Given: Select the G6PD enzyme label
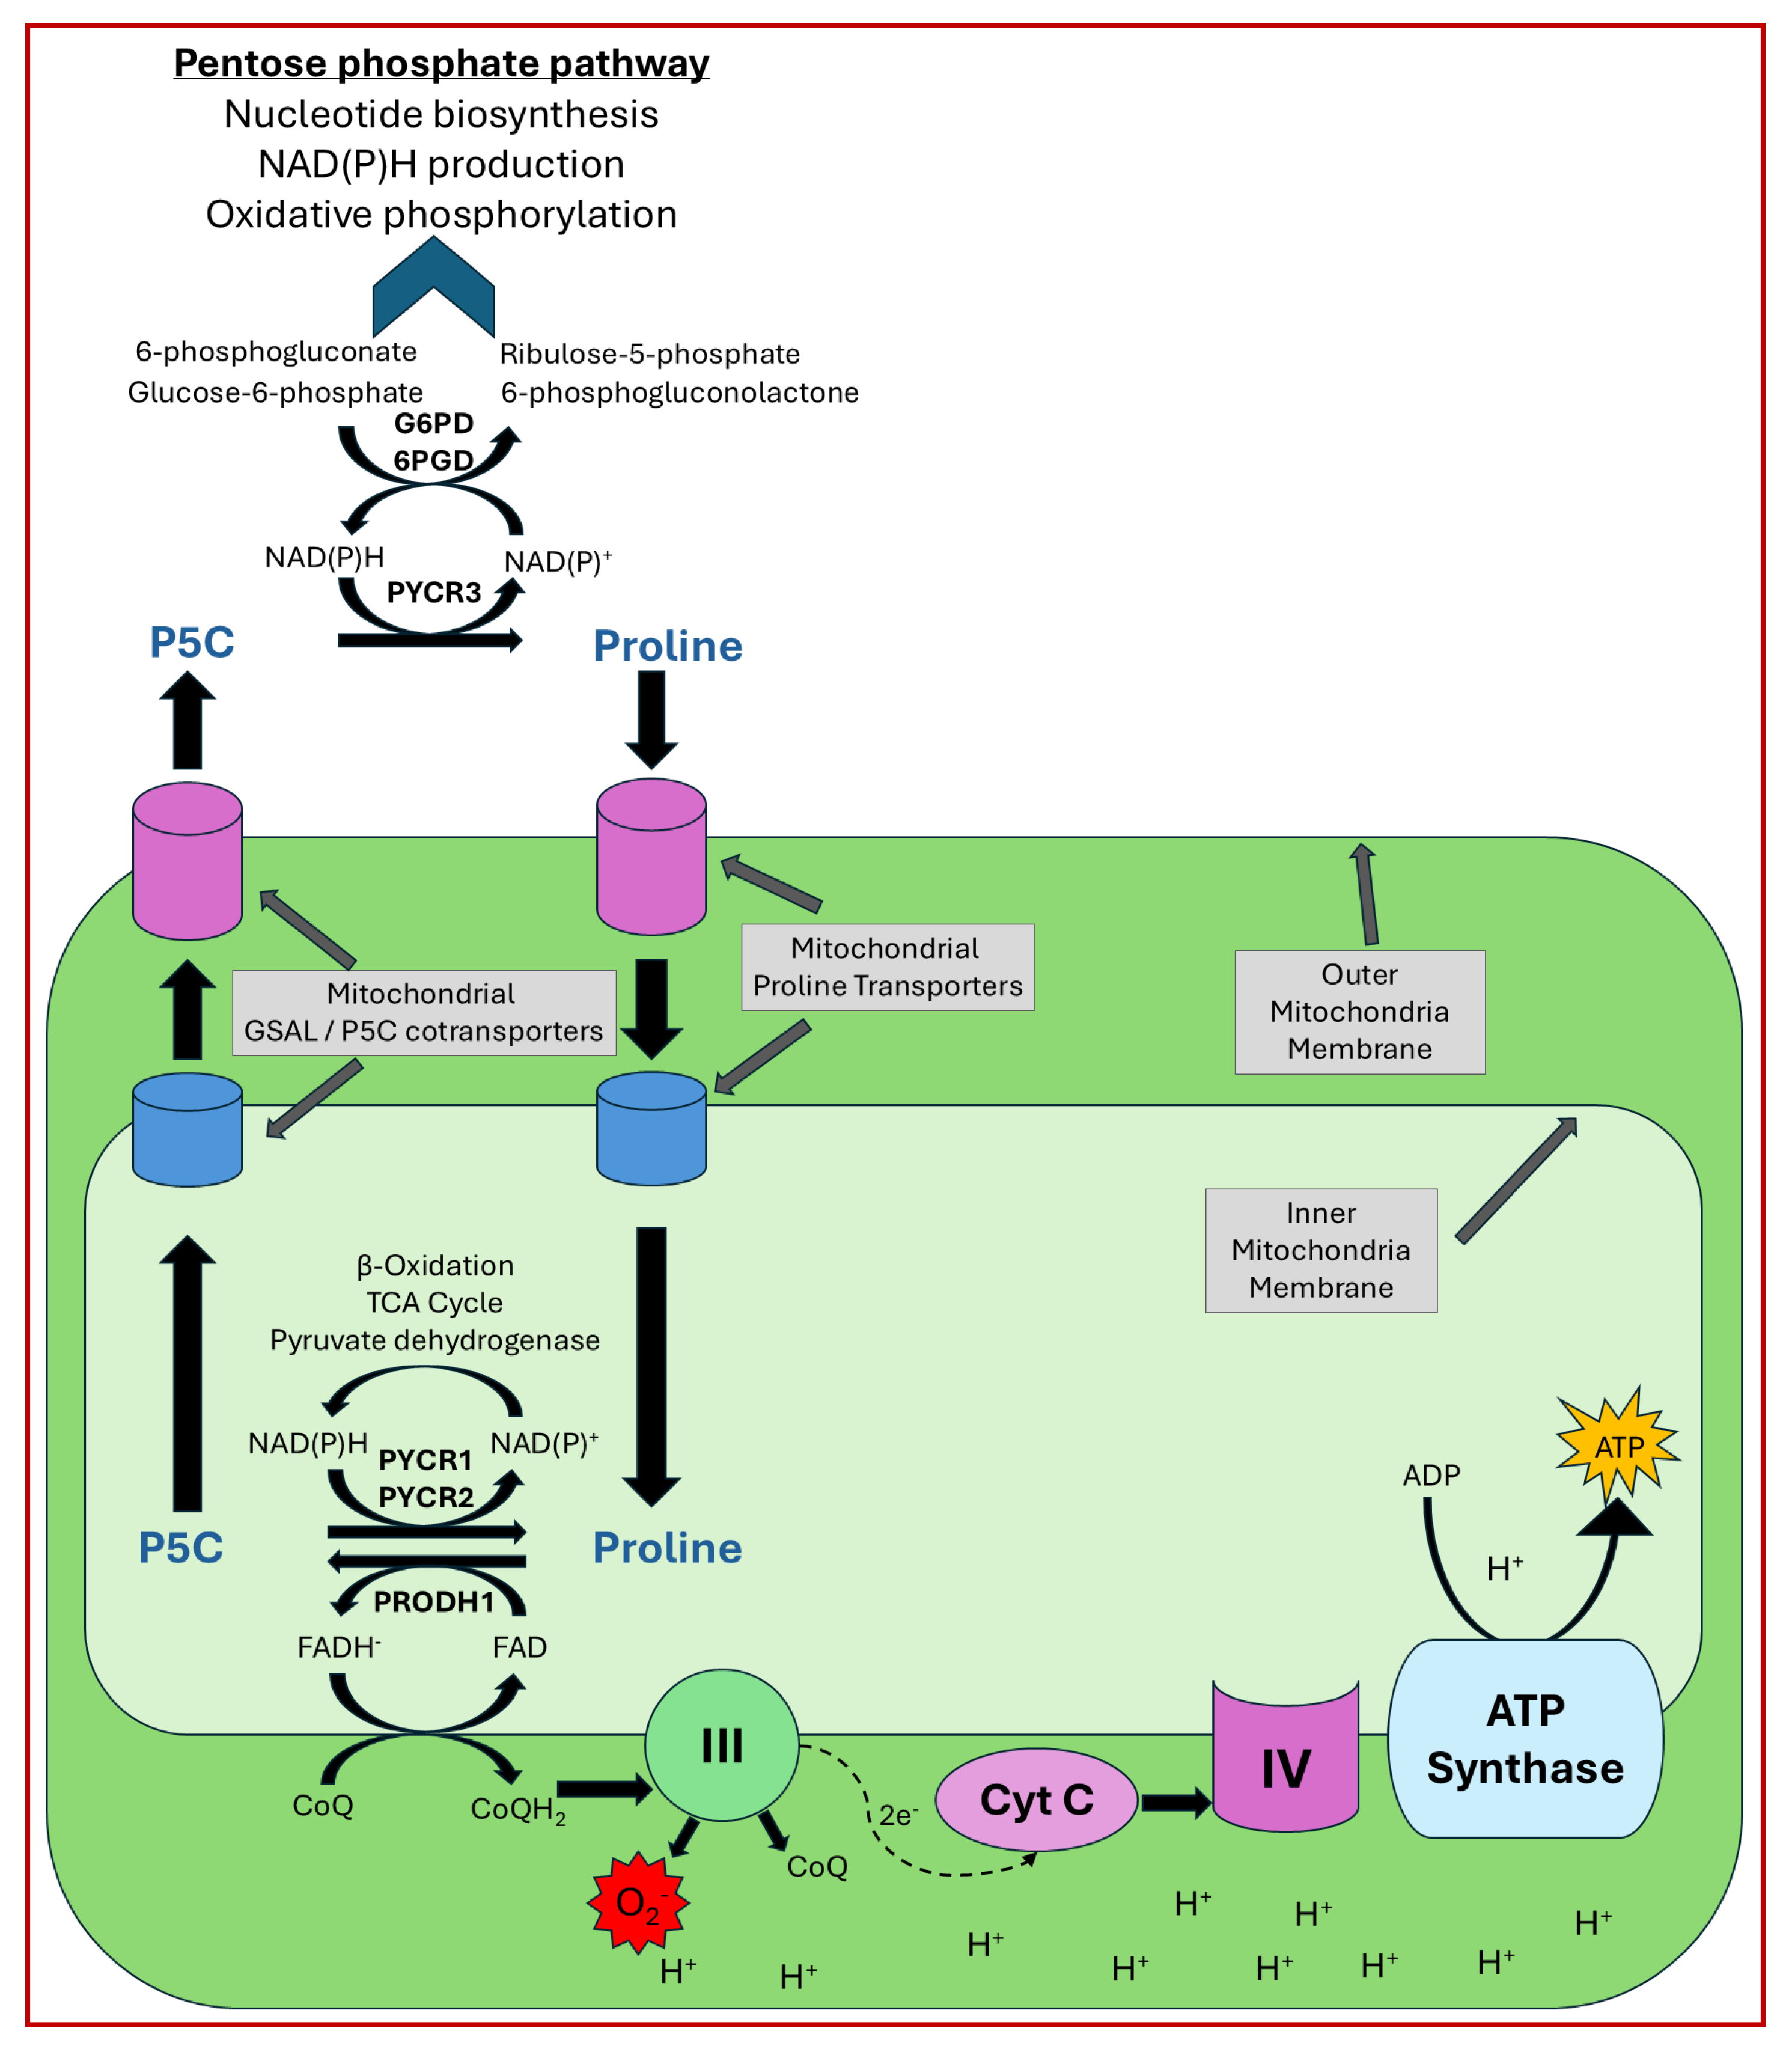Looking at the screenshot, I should coord(433,424).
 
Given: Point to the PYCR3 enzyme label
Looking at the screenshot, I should coord(433,593).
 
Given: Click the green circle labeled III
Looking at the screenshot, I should coord(722,1744).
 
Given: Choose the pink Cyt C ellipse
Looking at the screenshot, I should coord(1037,1799).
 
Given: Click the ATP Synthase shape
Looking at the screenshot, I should coord(1525,1739).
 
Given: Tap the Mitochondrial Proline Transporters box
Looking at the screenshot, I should coord(887,967).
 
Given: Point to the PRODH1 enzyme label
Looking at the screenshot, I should coord(433,1602).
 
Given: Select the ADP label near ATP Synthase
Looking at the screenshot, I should coord(1431,1475).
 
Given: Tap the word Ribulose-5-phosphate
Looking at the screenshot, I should coord(650,354).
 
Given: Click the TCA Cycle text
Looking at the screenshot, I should coord(434,1302).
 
